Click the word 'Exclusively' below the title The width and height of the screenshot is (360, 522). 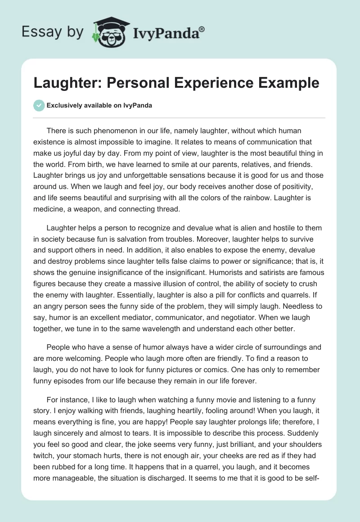(64, 105)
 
